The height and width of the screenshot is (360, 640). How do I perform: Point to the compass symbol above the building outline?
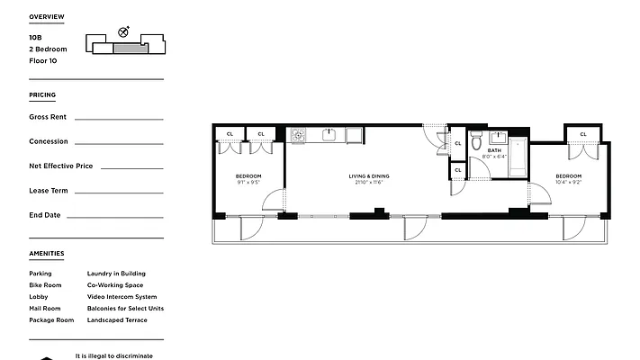pos(123,31)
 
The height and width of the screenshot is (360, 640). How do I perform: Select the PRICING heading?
pos(41,94)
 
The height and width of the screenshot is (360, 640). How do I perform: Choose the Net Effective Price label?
pos(60,166)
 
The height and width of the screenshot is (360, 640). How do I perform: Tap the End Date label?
pos(44,215)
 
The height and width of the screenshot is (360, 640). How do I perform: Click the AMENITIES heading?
pos(46,253)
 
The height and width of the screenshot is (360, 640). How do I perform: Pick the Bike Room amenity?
pos(45,285)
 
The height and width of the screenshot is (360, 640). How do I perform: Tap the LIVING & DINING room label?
pos(366,175)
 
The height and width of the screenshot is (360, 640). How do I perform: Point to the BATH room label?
pos(494,150)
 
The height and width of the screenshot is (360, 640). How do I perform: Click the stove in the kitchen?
pos(298,135)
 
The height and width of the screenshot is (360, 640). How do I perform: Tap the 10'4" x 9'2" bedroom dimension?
pos(568,183)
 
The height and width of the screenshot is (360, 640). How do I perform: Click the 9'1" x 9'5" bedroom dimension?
pos(248,183)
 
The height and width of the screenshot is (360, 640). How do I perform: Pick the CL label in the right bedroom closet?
pos(583,134)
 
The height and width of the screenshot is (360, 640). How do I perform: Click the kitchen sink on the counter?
pos(329,135)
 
